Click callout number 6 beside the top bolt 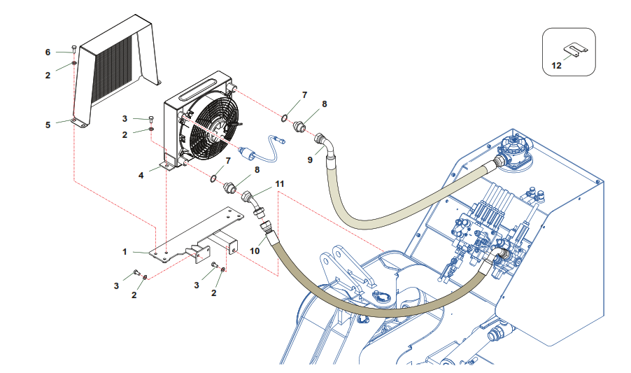click(x=48, y=52)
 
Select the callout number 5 click(x=48, y=125)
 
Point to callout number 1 click(x=125, y=251)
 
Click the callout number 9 click(x=309, y=160)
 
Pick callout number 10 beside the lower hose click(x=255, y=250)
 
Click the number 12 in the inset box click(x=558, y=65)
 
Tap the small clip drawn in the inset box click(x=574, y=50)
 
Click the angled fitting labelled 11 click(x=252, y=202)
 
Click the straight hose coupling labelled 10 click(x=267, y=228)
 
